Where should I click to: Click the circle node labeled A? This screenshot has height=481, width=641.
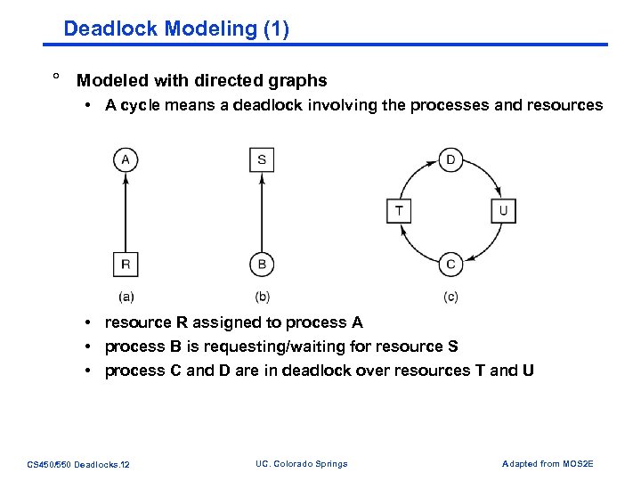click(x=126, y=160)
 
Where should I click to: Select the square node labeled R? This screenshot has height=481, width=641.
click(x=126, y=264)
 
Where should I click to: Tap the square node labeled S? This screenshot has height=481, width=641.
click(x=261, y=160)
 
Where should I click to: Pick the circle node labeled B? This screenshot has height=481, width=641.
click(x=261, y=264)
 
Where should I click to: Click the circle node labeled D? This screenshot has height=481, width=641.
click(x=450, y=160)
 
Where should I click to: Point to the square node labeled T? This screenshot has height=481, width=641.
click(x=399, y=211)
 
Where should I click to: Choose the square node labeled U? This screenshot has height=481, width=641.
click(x=503, y=211)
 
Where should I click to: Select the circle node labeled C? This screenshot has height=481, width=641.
click(x=450, y=264)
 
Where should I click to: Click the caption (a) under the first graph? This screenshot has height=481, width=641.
click(x=126, y=297)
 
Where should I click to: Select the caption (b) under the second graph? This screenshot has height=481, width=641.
click(x=262, y=297)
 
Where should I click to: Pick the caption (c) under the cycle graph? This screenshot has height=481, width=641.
click(x=450, y=297)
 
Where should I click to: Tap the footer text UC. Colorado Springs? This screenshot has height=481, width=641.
click(x=301, y=463)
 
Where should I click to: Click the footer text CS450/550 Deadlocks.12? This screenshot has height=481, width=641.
click(x=78, y=464)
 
